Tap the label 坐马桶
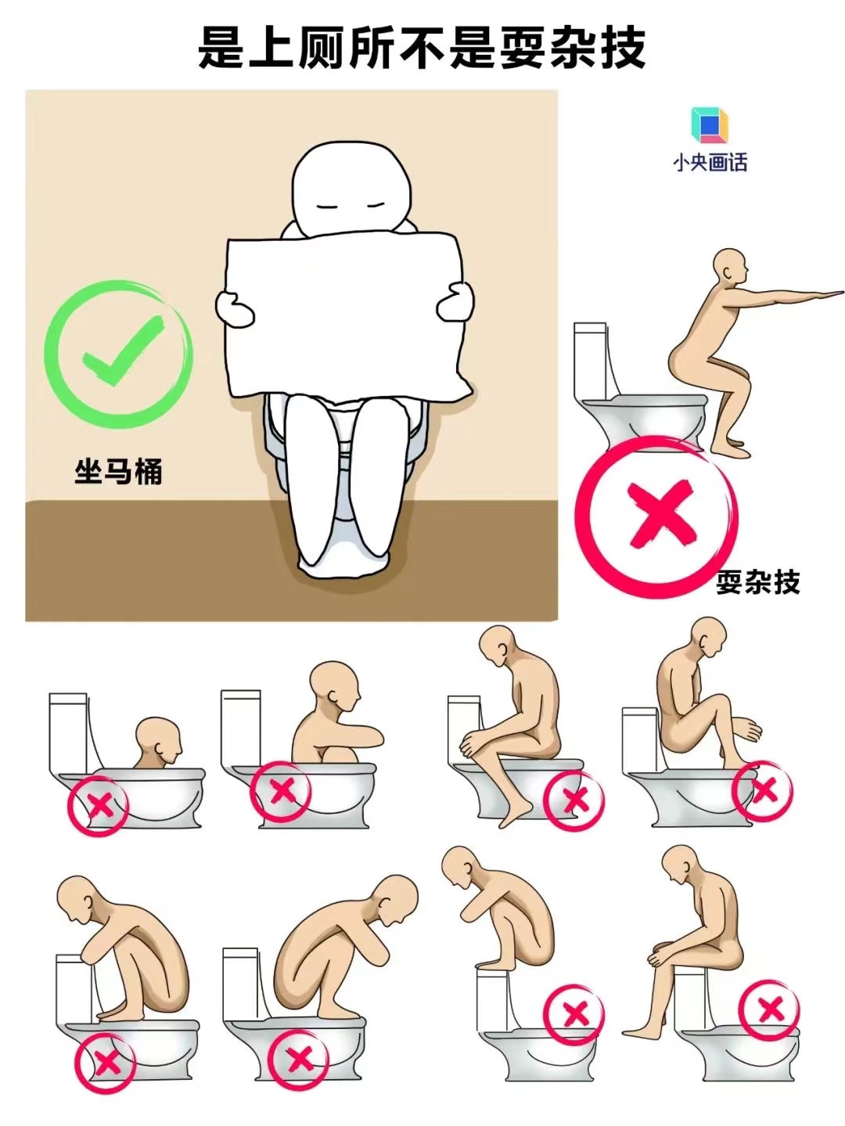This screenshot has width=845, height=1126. [118, 472]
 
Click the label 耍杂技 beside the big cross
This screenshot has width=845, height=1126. [757, 582]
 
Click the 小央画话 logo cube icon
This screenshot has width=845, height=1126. [709, 125]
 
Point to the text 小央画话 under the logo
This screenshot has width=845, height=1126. [710, 163]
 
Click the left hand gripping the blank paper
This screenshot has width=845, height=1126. [233, 308]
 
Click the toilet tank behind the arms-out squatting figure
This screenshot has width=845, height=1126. [591, 360]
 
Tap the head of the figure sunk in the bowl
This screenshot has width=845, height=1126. [158, 739]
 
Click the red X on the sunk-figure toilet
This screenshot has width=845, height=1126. [99, 804]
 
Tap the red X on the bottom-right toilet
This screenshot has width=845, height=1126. [771, 1009]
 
